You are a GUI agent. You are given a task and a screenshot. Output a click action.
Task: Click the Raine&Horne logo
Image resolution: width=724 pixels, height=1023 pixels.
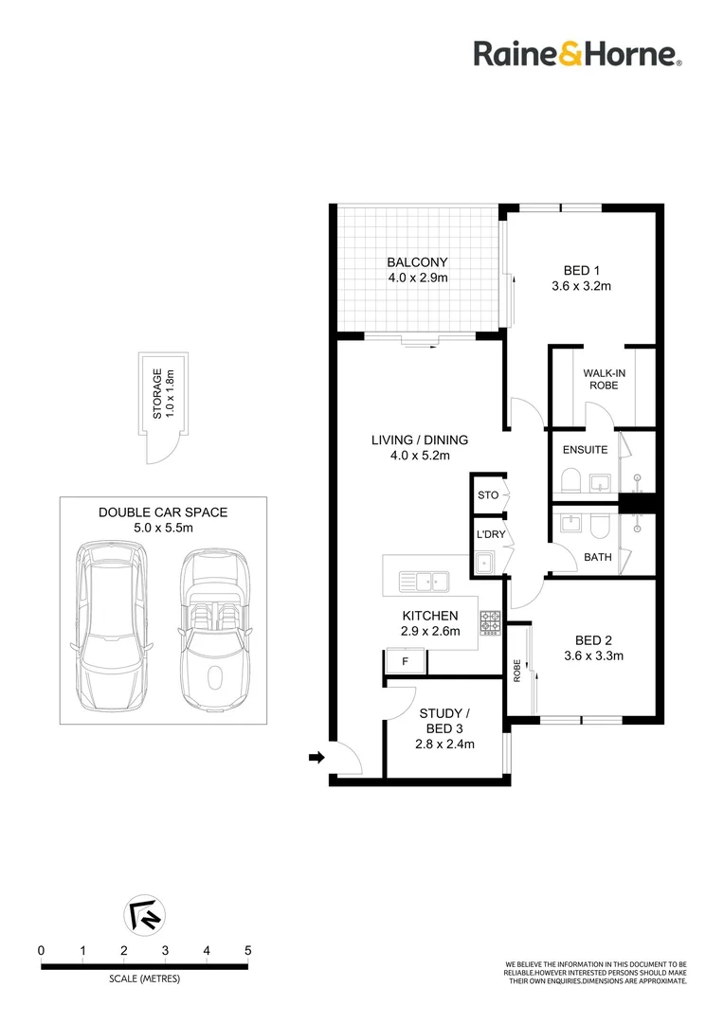[x=578, y=53]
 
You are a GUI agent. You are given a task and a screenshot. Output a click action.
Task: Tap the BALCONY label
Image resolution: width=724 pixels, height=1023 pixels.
[x=417, y=262]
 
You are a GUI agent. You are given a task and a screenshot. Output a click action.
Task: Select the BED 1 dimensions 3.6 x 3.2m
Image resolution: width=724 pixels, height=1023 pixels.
[x=581, y=286]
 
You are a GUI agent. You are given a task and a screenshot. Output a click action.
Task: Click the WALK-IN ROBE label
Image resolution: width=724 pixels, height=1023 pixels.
[x=604, y=379]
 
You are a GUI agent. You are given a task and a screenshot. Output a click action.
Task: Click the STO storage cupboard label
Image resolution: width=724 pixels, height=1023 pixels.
[x=488, y=495]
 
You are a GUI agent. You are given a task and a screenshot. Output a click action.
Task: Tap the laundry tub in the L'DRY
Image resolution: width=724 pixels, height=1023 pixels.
[x=483, y=563]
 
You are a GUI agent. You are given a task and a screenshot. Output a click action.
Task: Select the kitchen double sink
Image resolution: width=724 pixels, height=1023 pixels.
[x=423, y=581]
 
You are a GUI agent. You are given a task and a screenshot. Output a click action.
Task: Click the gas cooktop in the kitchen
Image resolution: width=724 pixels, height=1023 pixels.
[x=490, y=623]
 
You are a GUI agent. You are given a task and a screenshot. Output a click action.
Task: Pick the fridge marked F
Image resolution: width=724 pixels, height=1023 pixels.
[x=405, y=661]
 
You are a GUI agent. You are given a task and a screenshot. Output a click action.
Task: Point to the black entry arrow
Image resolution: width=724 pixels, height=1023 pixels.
[x=317, y=758]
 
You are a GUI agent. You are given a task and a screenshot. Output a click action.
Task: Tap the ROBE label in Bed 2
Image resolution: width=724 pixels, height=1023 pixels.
[x=517, y=671]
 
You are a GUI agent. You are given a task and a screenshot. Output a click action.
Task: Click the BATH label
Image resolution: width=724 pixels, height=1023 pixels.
[x=597, y=557]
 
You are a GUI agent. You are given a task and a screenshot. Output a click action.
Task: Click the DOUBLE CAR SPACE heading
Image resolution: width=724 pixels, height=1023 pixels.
[x=163, y=512]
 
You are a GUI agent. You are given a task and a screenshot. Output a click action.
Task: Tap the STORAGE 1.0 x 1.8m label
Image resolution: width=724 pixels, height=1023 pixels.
[x=164, y=393]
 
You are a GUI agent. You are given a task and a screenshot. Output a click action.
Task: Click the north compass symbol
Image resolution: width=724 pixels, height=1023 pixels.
[x=144, y=914]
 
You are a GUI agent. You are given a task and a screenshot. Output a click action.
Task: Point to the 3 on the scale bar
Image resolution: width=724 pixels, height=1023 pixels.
[x=165, y=951]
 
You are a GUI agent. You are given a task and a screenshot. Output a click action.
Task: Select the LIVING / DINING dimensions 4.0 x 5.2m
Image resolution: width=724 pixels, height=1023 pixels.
[x=420, y=456]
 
